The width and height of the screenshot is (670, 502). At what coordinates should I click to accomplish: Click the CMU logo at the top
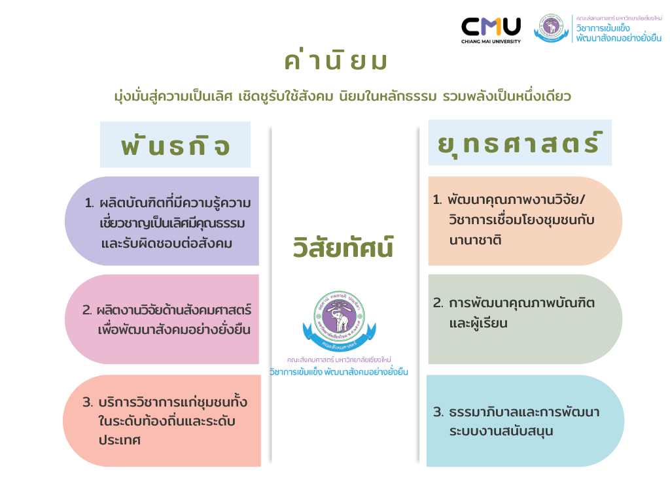pos(491,27)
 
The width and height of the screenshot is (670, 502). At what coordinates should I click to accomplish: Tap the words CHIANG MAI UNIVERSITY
pos(491,41)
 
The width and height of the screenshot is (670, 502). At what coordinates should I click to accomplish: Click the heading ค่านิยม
pos(336,61)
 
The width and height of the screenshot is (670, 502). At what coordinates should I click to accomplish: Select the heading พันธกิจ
pos(175,144)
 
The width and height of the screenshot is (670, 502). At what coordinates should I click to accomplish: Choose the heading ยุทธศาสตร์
pos(520,143)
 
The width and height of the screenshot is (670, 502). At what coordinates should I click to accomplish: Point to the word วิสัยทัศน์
pos(343,246)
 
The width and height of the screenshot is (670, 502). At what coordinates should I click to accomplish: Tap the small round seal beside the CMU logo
pos(551,28)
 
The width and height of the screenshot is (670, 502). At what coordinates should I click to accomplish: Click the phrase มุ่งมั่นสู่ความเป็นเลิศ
pos(173,97)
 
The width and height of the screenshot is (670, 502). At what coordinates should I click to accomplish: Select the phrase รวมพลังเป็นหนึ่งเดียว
pos(507,96)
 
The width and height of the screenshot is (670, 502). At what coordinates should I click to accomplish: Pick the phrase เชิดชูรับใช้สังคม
pos(285,96)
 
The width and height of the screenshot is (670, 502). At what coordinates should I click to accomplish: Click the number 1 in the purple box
pos(89,203)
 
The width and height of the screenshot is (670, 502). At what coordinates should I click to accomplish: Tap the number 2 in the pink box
pos(87,310)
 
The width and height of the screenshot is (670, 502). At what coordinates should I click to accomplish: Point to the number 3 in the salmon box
pos(87,402)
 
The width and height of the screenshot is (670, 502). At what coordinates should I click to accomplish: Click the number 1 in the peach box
pos(437,200)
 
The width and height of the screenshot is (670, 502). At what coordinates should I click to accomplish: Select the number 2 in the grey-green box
pos(438,303)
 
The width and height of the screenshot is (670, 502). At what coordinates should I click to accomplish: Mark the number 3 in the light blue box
pos(438,412)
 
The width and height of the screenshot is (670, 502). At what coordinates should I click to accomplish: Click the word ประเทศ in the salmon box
pos(119,440)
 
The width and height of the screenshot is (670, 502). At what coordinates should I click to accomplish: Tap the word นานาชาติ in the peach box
pos(475,241)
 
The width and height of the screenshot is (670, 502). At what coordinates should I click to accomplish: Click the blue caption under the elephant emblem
pos(339,372)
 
